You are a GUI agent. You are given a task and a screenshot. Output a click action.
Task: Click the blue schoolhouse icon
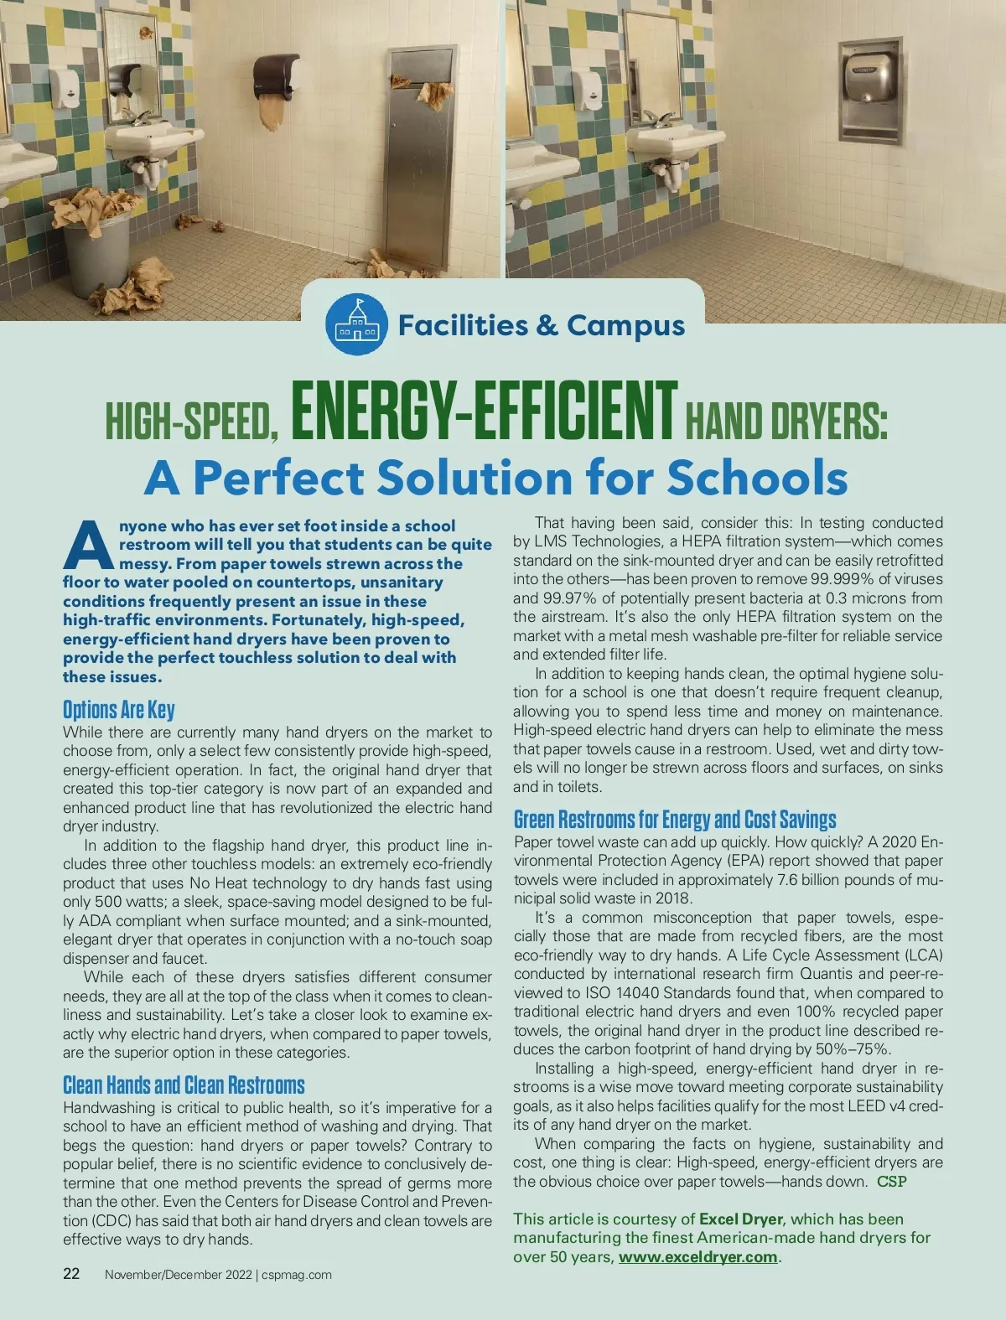coord(356,324)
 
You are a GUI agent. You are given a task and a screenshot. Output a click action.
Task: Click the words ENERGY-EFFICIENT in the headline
coord(483,412)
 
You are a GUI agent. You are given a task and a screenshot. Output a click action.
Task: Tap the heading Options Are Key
coord(119,710)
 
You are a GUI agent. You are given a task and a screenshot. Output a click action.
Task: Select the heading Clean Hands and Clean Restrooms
coord(184,1085)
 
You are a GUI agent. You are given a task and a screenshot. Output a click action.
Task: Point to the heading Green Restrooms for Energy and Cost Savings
coord(675,819)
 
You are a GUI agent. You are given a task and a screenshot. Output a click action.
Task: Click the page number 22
coord(72,1274)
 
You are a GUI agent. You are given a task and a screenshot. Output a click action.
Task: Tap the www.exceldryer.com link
coord(697,1257)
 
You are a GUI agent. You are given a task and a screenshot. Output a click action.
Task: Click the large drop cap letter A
coord(87,545)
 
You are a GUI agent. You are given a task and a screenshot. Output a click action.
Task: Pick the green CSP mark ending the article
coord(892,1182)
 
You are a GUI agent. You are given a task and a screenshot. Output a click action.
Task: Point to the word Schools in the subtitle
coord(757,478)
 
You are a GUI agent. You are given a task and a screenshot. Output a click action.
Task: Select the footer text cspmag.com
coord(297,1275)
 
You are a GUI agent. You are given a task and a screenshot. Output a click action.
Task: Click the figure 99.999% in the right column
coord(843,579)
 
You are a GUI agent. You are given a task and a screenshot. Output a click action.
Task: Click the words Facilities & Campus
coord(542,325)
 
